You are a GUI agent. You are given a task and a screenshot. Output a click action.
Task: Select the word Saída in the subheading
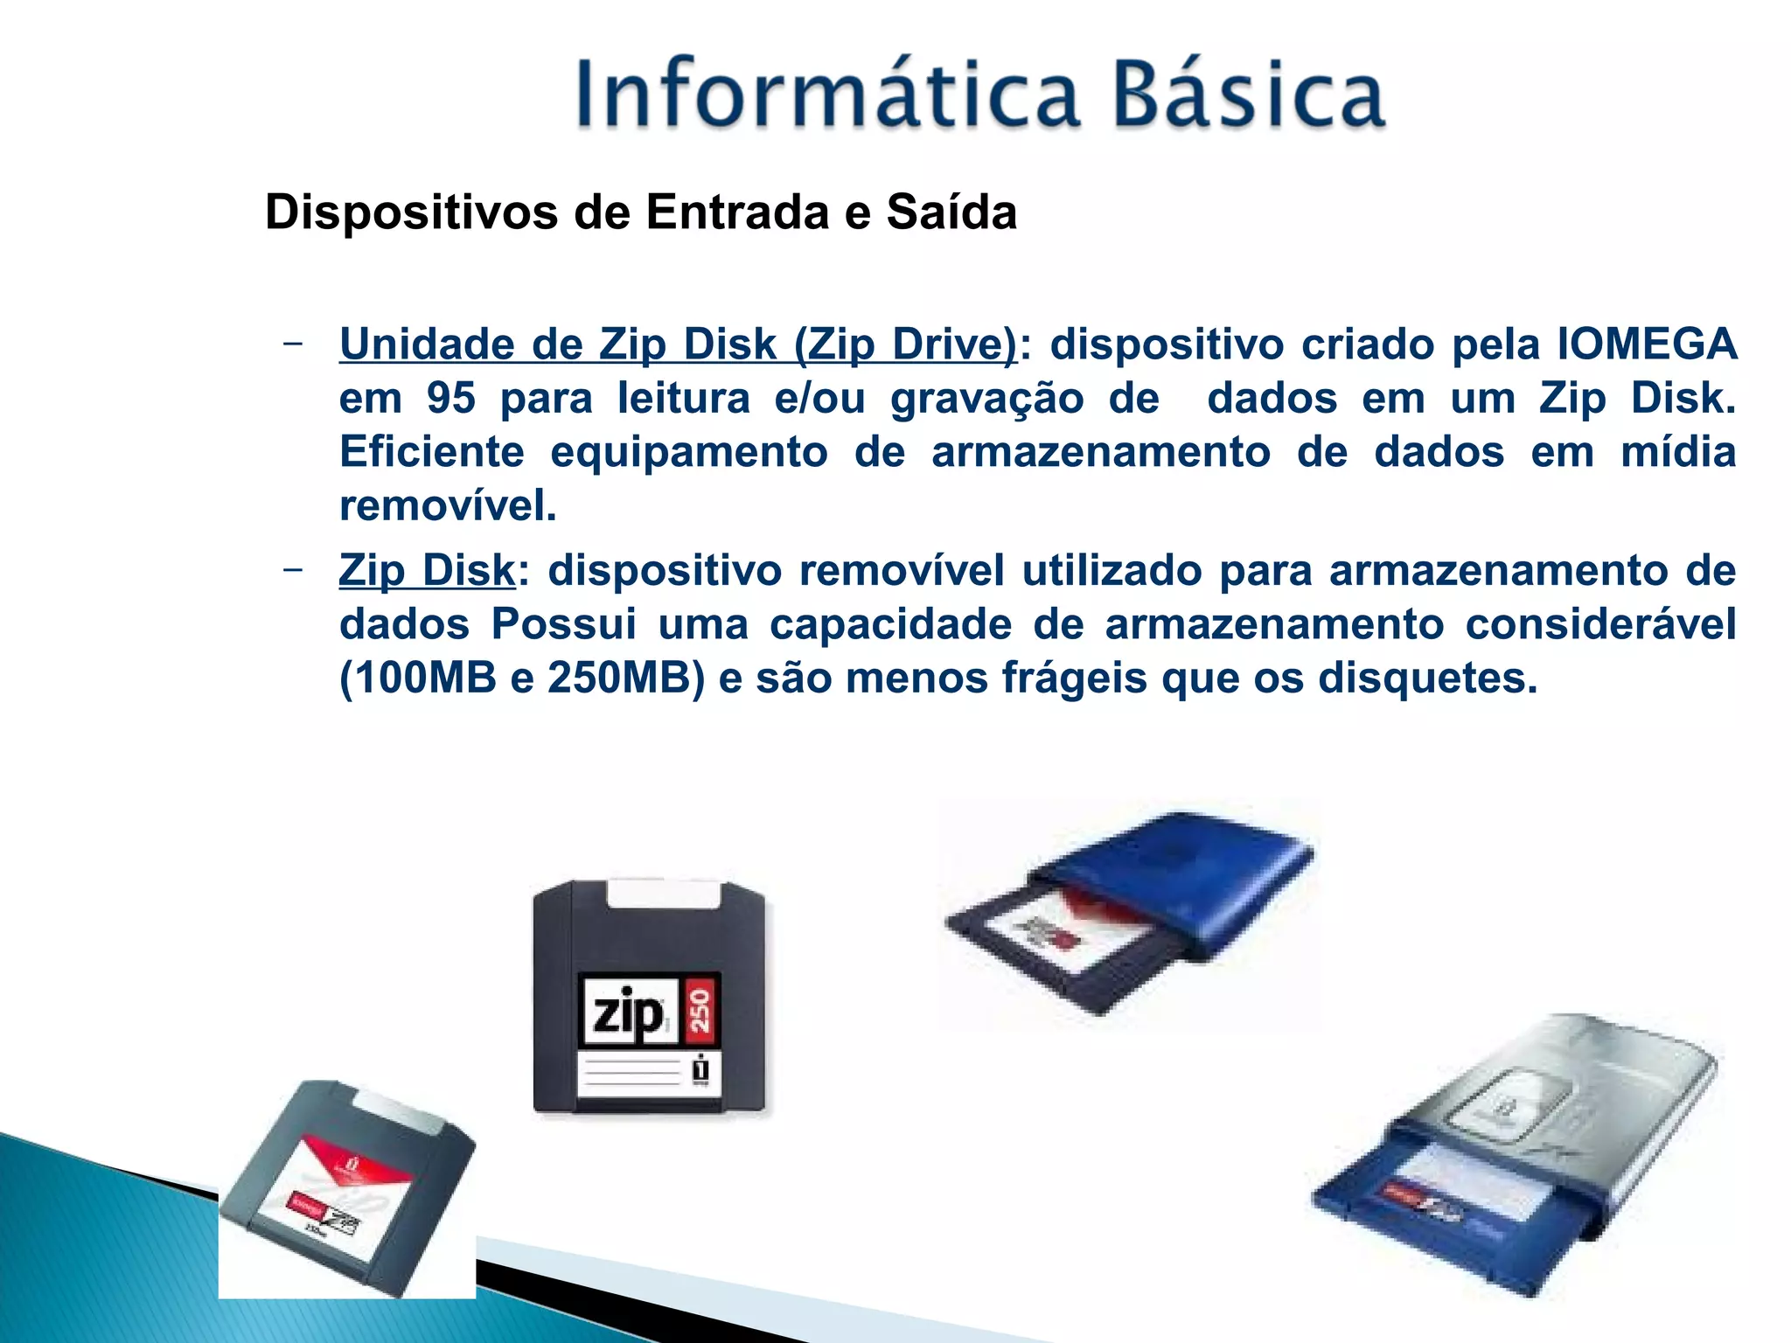(x=951, y=212)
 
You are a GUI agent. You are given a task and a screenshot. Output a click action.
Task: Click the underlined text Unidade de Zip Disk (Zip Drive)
(x=679, y=344)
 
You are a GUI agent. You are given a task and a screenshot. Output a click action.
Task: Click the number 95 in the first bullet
(x=450, y=399)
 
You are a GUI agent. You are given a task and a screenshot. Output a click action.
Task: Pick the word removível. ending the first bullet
(x=448, y=506)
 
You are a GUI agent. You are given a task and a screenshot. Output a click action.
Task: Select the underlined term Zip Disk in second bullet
(x=427, y=571)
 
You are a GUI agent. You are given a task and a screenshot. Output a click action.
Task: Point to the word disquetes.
(x=1427, y=678)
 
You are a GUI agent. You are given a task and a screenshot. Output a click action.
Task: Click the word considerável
(x=1600, y=624)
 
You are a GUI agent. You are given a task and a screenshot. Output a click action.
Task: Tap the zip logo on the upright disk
(x=628, y=1013)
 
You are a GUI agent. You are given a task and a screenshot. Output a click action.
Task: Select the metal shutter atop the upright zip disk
(x=665, y=894)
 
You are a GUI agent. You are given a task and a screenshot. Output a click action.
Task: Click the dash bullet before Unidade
(x=294, y=344)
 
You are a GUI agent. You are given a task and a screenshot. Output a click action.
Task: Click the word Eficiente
(x=431, y=453)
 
